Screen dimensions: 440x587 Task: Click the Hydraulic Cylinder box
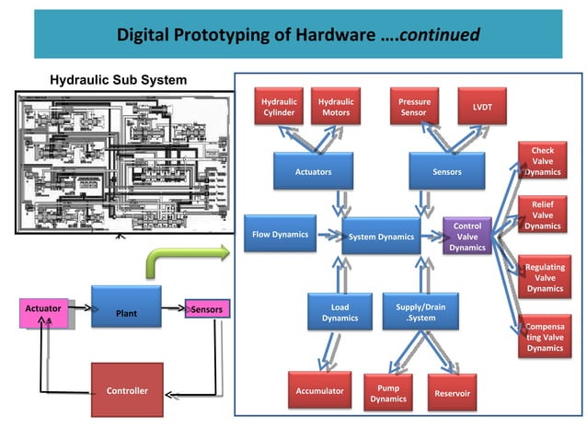[278, 107]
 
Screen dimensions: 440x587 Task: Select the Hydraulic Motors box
[335, 107]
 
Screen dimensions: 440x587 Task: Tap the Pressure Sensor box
[413, 107]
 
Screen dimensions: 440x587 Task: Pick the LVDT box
[481, 108]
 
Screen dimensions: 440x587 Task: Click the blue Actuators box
[313, 171]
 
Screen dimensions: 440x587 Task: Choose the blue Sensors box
[447, 171]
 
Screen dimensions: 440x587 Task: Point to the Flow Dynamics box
[280, 235]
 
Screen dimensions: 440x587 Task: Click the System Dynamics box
[381, 237]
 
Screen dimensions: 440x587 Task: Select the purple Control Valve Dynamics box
[467, 237]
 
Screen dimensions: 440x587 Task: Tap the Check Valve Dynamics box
[543, 160]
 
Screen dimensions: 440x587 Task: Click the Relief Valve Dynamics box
[543, 214]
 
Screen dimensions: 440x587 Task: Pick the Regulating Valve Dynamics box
[544, 277]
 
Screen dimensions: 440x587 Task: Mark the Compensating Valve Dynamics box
[544, 336]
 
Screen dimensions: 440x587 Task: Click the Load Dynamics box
[340, 313]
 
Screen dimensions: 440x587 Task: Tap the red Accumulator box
[319, 391]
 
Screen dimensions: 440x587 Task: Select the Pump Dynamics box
[388, 393]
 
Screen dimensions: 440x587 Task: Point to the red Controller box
[127, 391]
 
